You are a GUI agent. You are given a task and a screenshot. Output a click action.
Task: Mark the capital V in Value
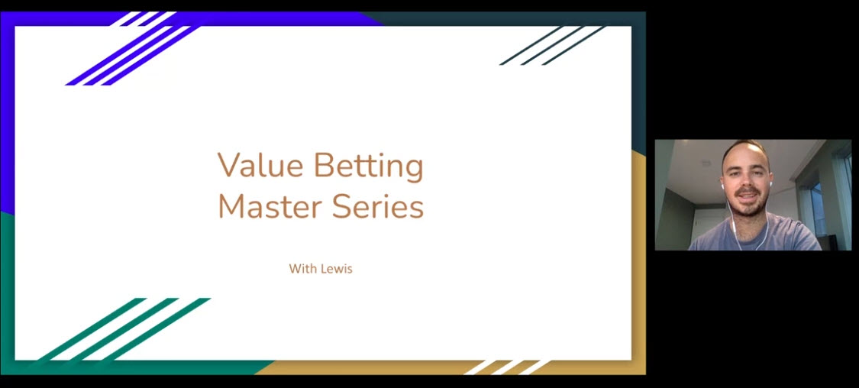[227, 166]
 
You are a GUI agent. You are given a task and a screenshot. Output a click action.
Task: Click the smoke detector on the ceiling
[706, 162]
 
